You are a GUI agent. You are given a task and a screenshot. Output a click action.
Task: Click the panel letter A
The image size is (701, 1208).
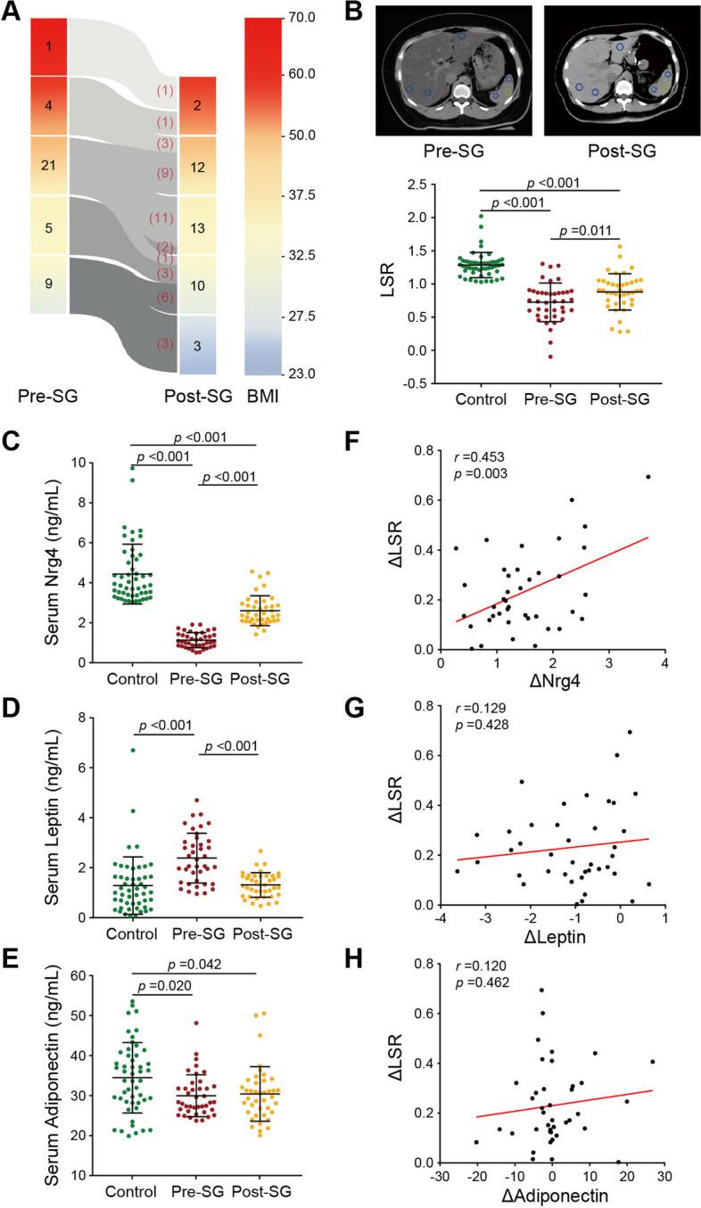click(x=12, y=12)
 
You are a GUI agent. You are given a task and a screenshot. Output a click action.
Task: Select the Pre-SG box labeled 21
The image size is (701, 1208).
click(x=49, y=165)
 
